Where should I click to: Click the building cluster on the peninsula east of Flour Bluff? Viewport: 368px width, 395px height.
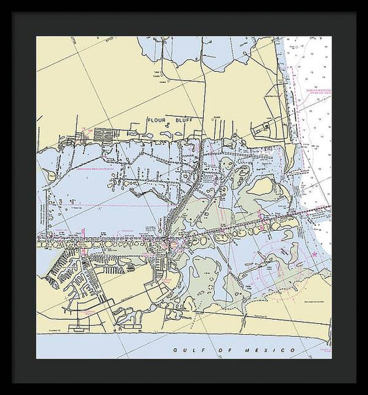coord(266,128)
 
